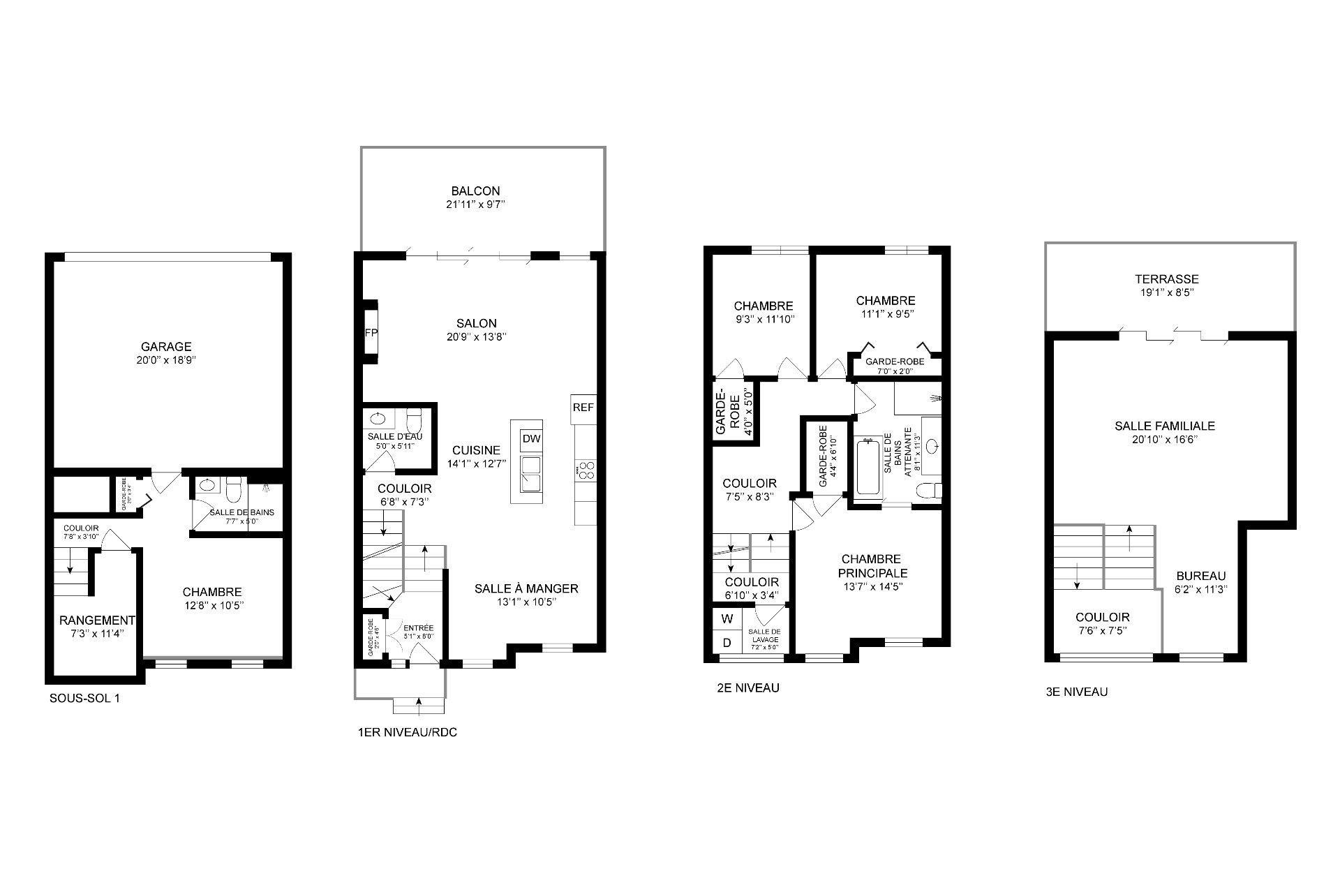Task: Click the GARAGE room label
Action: point(166,347)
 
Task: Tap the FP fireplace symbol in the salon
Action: point(371,333)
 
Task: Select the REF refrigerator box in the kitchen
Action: point(583,408)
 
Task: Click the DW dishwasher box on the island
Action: point(531,438)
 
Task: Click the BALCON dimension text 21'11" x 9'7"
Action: point(476,205)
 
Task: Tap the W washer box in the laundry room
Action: point(727,618)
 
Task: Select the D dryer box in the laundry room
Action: point(727,642)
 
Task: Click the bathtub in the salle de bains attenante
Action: point(869,466)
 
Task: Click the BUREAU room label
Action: point(1200,576)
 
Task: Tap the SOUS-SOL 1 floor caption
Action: point(84,698)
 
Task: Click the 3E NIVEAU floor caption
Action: point(1076,692)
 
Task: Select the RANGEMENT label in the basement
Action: point(97,620)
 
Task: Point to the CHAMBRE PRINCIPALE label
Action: point(871,566)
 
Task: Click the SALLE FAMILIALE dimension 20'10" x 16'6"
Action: point(1164,440)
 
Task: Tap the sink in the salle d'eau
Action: point(378,419)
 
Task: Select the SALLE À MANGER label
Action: point(526,588)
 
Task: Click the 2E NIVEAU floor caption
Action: point(747,688)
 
